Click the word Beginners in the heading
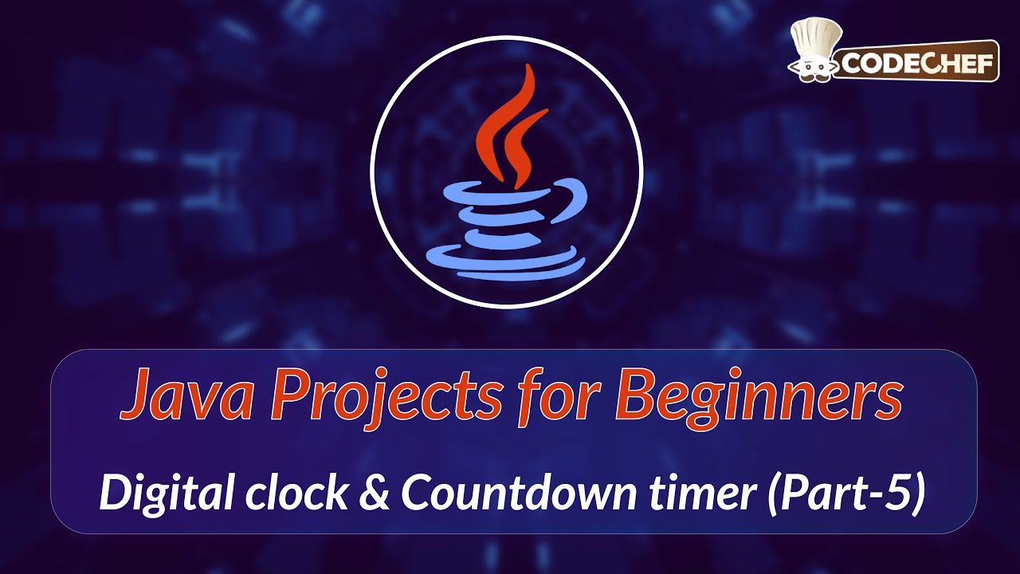pyautogui.click(x=757, y=396)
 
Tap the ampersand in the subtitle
pyautogui.click(x=375, y=494)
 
